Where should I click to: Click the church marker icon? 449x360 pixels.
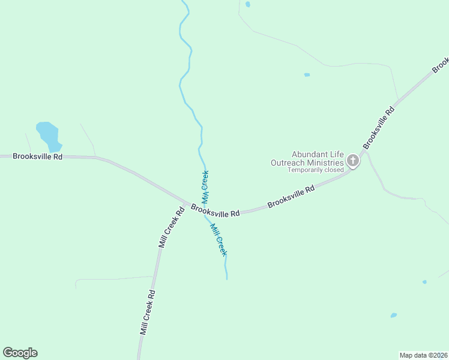(353, 160)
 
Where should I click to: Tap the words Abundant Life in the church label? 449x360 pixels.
(318, 154)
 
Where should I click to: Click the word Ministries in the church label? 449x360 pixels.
(324, 162)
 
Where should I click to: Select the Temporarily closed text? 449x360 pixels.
(316, 170)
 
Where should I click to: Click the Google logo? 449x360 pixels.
(20, 353)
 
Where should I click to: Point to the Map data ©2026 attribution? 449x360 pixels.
(423, 355)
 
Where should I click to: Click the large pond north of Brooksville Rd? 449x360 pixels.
(49, 136)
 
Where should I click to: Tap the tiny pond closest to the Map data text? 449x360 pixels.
(394, 315)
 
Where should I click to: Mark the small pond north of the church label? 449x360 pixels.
(307, 75)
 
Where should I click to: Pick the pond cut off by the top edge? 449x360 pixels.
(248, 4)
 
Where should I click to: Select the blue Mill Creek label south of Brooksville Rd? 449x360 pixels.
(218, 239)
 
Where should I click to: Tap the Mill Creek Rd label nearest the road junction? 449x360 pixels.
(171, 227)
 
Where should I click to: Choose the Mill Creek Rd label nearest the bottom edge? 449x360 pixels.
(148, 312)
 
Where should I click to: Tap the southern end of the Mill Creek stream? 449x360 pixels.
(226, 278)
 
